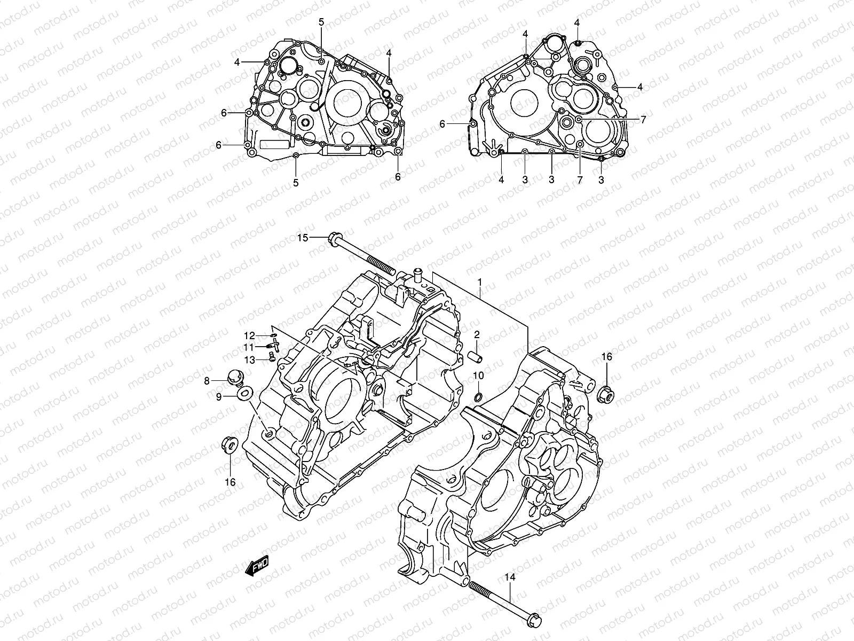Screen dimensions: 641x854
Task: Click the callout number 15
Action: coord(303,238)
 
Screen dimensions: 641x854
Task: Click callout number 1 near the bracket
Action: coord(480,282)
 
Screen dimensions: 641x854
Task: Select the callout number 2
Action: coord(477,335)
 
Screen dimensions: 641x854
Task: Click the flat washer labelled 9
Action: coord(245,394)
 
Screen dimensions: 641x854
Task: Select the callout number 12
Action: coord(250,335)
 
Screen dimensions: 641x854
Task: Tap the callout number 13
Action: coord(250,359)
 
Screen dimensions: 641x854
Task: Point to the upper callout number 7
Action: coord(643,120)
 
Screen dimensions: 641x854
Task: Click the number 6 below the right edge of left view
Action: coord(398,177)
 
